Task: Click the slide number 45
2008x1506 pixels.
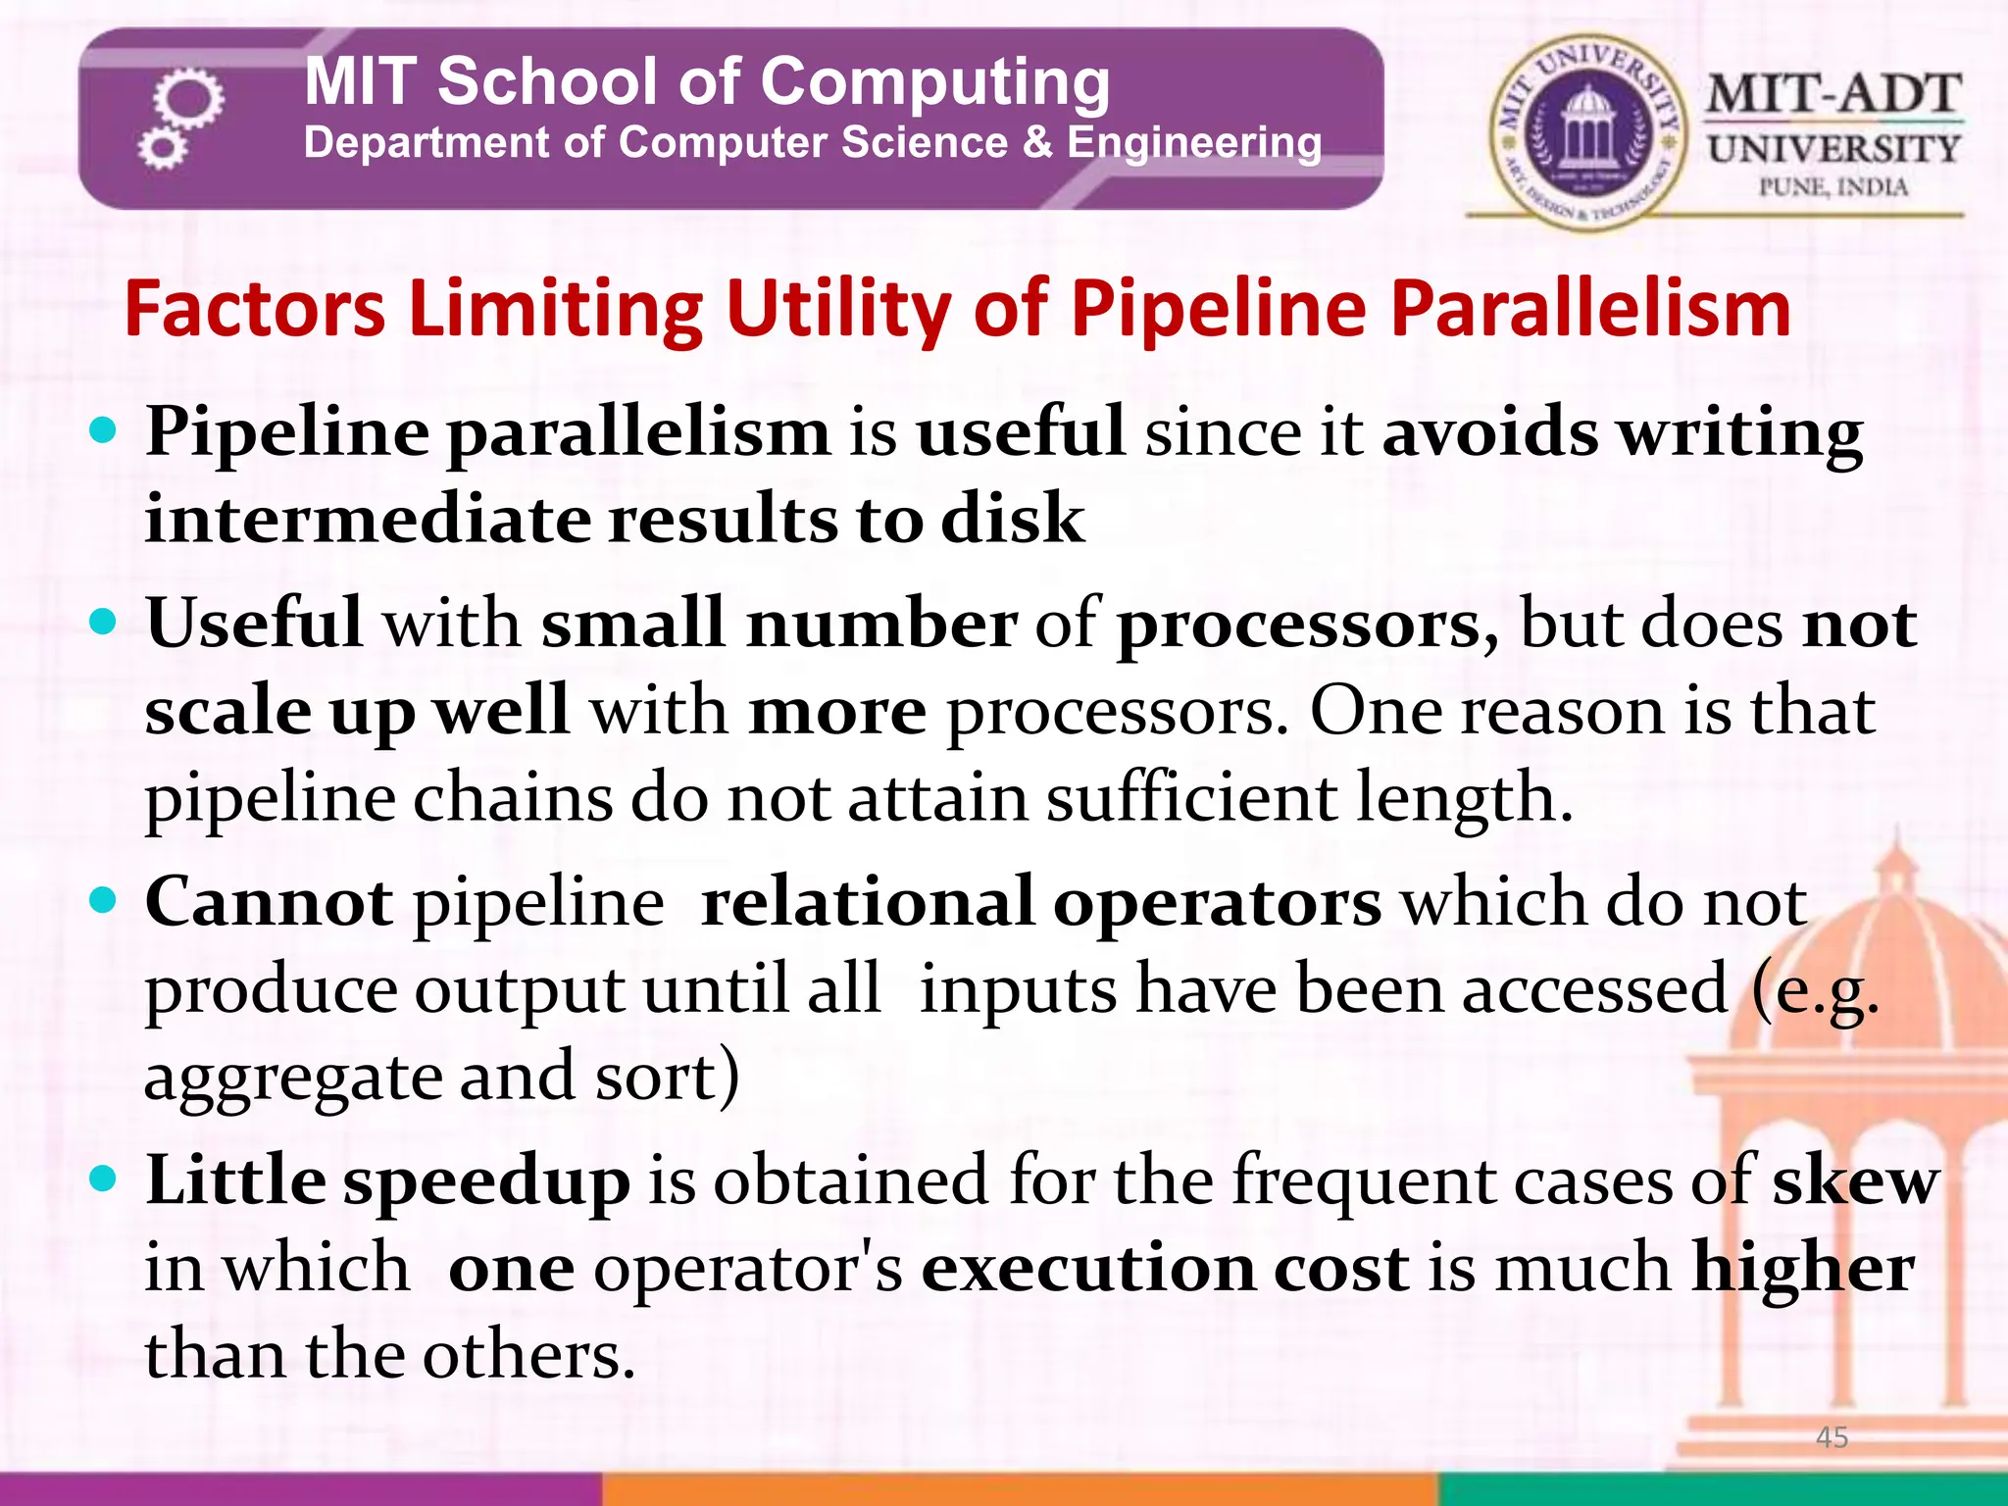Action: [1832, 1437]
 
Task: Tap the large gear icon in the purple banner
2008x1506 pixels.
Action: [188, 98]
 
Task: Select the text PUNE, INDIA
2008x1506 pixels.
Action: [1832, 187]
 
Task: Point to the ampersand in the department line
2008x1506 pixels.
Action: [1037, 143]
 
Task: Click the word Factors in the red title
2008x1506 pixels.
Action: [255, 310]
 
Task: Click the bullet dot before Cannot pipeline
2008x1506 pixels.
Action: [102, 900]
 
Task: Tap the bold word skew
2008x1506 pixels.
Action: [1855, 1180]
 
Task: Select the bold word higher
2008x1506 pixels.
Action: [1803, 1267]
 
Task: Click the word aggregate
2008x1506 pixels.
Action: [293, 1079]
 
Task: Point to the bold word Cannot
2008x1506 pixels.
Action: [269, 900]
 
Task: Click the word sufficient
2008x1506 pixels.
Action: [1190, 796]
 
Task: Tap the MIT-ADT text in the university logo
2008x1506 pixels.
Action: [1833, 95]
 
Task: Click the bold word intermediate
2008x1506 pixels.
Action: [368, 518]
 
